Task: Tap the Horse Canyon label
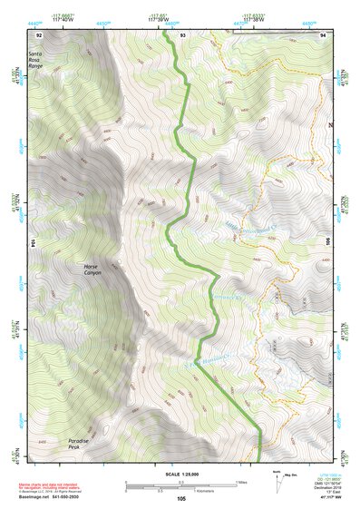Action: click(92, 269)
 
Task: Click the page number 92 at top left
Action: click(38, 34)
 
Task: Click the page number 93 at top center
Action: click(182, 34)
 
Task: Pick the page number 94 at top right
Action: click(324, 34)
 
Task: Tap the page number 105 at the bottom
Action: click(181, 498)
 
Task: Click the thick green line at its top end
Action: click(167, 40)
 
